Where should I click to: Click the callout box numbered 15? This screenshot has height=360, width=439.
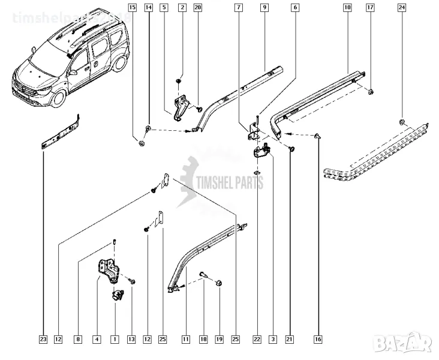click(x=132, y=8)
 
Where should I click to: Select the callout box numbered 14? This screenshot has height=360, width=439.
click(x=148, y=8)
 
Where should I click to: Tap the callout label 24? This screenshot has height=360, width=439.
click(x=401, y=8)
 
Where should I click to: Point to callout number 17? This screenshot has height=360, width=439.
click(x=370, y=8)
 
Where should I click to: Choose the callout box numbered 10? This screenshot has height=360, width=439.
click(x=347, y=8)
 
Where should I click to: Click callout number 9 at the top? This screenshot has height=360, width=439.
click(x=264, y=8)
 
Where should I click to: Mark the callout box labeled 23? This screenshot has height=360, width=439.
click(x=43, y=340)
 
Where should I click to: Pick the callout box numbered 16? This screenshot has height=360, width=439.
click(x=317, y=340)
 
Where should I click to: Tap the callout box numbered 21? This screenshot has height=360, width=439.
click(x=289, y=340)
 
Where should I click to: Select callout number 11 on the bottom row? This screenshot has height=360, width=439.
click(x=186, y=340)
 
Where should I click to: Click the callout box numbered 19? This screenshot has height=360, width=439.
click(x=219, y=340)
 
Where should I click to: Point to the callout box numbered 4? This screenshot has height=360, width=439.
click(x=96, y=340)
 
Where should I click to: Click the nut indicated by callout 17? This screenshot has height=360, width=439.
click(x=371, y=92)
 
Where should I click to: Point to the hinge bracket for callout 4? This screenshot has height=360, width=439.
click(x=106, y=270)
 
